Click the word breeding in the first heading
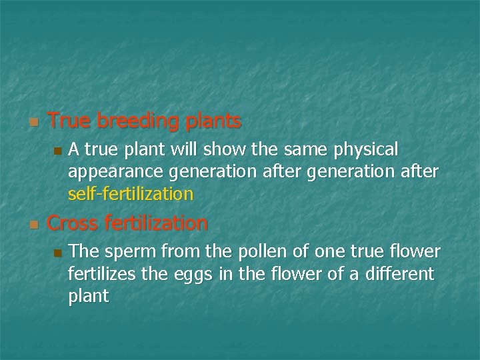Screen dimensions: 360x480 click(x=137, y=122)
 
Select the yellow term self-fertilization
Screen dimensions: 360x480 click(x=131, y=194)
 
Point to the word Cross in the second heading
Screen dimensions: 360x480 click(x=74, y=223)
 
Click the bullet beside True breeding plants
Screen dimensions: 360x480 click(x=33, y=123)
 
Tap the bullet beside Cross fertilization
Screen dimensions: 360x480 click(x=33, y=224)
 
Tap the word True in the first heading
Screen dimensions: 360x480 click(x=69, y=121)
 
